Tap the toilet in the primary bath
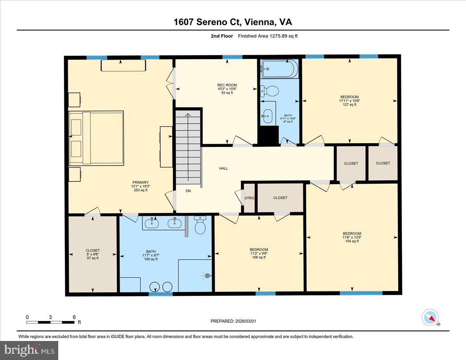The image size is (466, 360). click(x=200, y=226)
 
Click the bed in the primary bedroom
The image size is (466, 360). click(x=96, y=137)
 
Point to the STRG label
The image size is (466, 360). click(x=249, y=198)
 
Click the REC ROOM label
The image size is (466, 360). click(x=227, y=85)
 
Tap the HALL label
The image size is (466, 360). click(x=223, y=168)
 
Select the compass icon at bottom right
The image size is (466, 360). click(x=430, y=317)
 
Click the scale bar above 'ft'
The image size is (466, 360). click(x=50, y=322)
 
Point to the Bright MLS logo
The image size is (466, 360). click(x=29, y=350)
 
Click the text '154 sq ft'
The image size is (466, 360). click(x=351, y=241)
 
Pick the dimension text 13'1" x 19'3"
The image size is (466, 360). click(x=141, y=186)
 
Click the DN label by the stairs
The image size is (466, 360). click(x=188, y=191)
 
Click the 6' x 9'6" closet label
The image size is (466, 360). click(x=92, y=254)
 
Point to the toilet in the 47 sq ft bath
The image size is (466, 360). click(x=270, y=91)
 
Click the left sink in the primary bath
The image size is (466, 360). click(x=151, y=223)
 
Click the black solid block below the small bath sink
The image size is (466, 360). click(x=269, y=135)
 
